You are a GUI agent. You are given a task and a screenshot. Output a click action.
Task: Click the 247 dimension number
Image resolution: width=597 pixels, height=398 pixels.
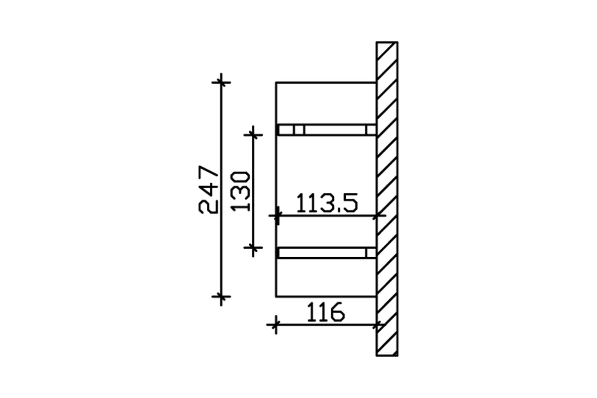[208, 190]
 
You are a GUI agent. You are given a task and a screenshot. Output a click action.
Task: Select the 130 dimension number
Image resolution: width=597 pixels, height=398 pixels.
[240, 192]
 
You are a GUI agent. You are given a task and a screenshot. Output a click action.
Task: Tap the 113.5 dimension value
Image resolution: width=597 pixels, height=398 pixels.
[327, 203]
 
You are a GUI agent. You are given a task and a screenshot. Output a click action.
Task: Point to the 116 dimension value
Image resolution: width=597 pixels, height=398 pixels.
[326, 312]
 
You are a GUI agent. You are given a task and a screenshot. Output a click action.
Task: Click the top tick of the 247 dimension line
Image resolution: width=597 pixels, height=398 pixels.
[221, 83]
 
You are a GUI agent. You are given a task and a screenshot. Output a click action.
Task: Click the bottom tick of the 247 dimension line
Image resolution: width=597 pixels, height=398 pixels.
[221, 297]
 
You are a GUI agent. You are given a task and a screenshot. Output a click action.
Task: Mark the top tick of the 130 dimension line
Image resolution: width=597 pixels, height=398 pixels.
[253, 135]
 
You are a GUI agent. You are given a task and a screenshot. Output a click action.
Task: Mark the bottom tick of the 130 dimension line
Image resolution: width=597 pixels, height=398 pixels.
[253, 248]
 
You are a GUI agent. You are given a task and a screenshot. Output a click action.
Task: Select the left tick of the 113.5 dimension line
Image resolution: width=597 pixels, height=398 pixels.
[277, 215]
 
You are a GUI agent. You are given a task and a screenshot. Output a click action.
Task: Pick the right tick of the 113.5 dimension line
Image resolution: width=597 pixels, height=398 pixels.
[377, 215]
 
